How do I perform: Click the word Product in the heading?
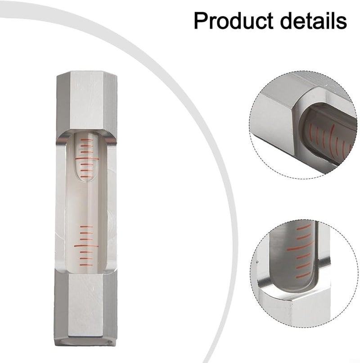pyautogui.click(x=233, y=21)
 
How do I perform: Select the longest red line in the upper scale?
pyautogui.click(x=87, y=159)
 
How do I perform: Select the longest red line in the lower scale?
pyautogui.click(x=86, y=245)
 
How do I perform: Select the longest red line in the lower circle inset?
pyautogui.click(x=301, y=246)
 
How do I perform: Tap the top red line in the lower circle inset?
pyautogui.click(x=304, y=227)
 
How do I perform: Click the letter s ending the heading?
pyautogui.click(x=341, y=21)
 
